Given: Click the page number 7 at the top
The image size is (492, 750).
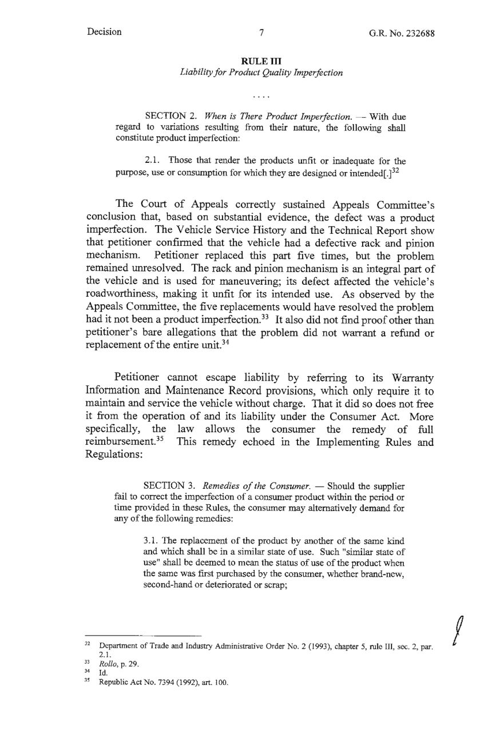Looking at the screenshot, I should pos(260,33).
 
